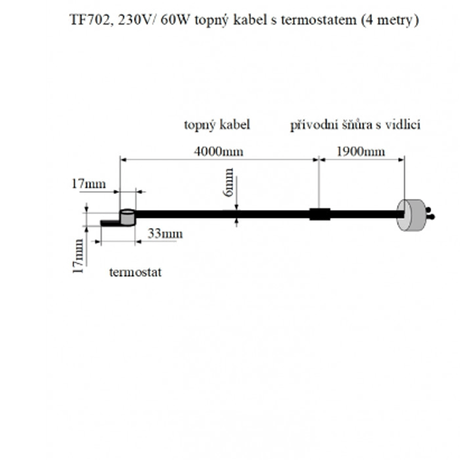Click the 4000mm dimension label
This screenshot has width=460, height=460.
pos(219,151)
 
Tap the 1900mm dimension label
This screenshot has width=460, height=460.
pos(360,151)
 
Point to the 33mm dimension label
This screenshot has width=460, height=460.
pos(165,234)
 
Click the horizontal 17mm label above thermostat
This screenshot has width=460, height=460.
pos(88,183)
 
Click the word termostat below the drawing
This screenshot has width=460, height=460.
pos(135,272)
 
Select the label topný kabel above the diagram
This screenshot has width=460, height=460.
pos(217,125)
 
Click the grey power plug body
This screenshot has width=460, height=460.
pos(411,215)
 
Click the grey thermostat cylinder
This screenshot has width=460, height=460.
pos(127,217)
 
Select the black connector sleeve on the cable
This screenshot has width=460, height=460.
pos(320,214)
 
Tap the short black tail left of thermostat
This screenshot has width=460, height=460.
pos(110,223)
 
